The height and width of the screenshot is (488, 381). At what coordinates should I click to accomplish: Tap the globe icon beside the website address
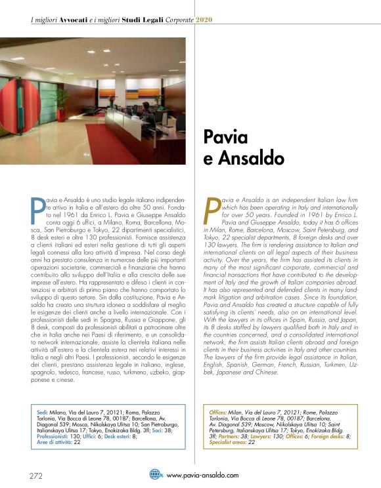[155, 474]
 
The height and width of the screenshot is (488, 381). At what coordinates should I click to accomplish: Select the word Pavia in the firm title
[225, 138]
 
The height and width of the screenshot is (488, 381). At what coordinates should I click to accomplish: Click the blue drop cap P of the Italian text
[37, 207]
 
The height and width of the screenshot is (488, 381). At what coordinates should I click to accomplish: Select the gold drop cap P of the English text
[213, 207]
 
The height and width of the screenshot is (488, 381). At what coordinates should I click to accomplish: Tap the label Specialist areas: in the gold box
[226, 442]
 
